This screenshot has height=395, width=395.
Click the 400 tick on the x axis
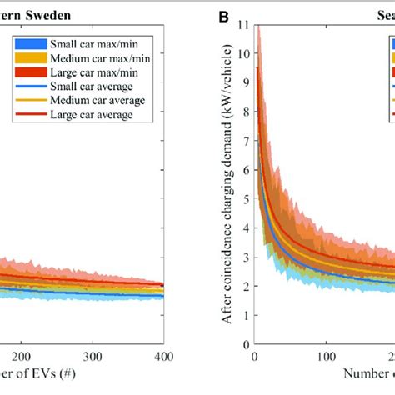point(164,379)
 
